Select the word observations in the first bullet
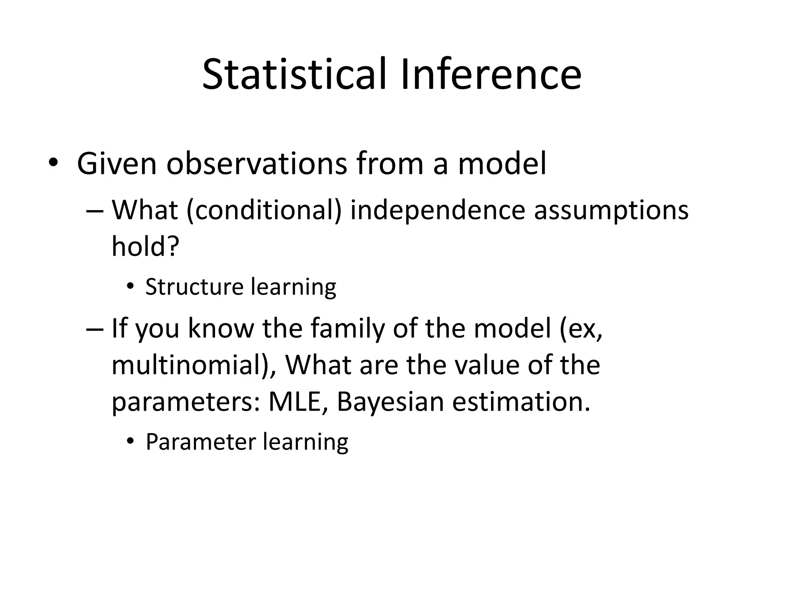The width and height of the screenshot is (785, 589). (x=257, y=164)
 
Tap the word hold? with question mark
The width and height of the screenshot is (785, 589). (x=145, y=246)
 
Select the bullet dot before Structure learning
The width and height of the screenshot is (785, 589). (x=131, y=287)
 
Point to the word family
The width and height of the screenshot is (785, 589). (x=347, y=329)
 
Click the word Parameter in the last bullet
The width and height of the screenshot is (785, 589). (x=200, y=442)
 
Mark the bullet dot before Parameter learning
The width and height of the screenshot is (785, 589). (x=131, y=442)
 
